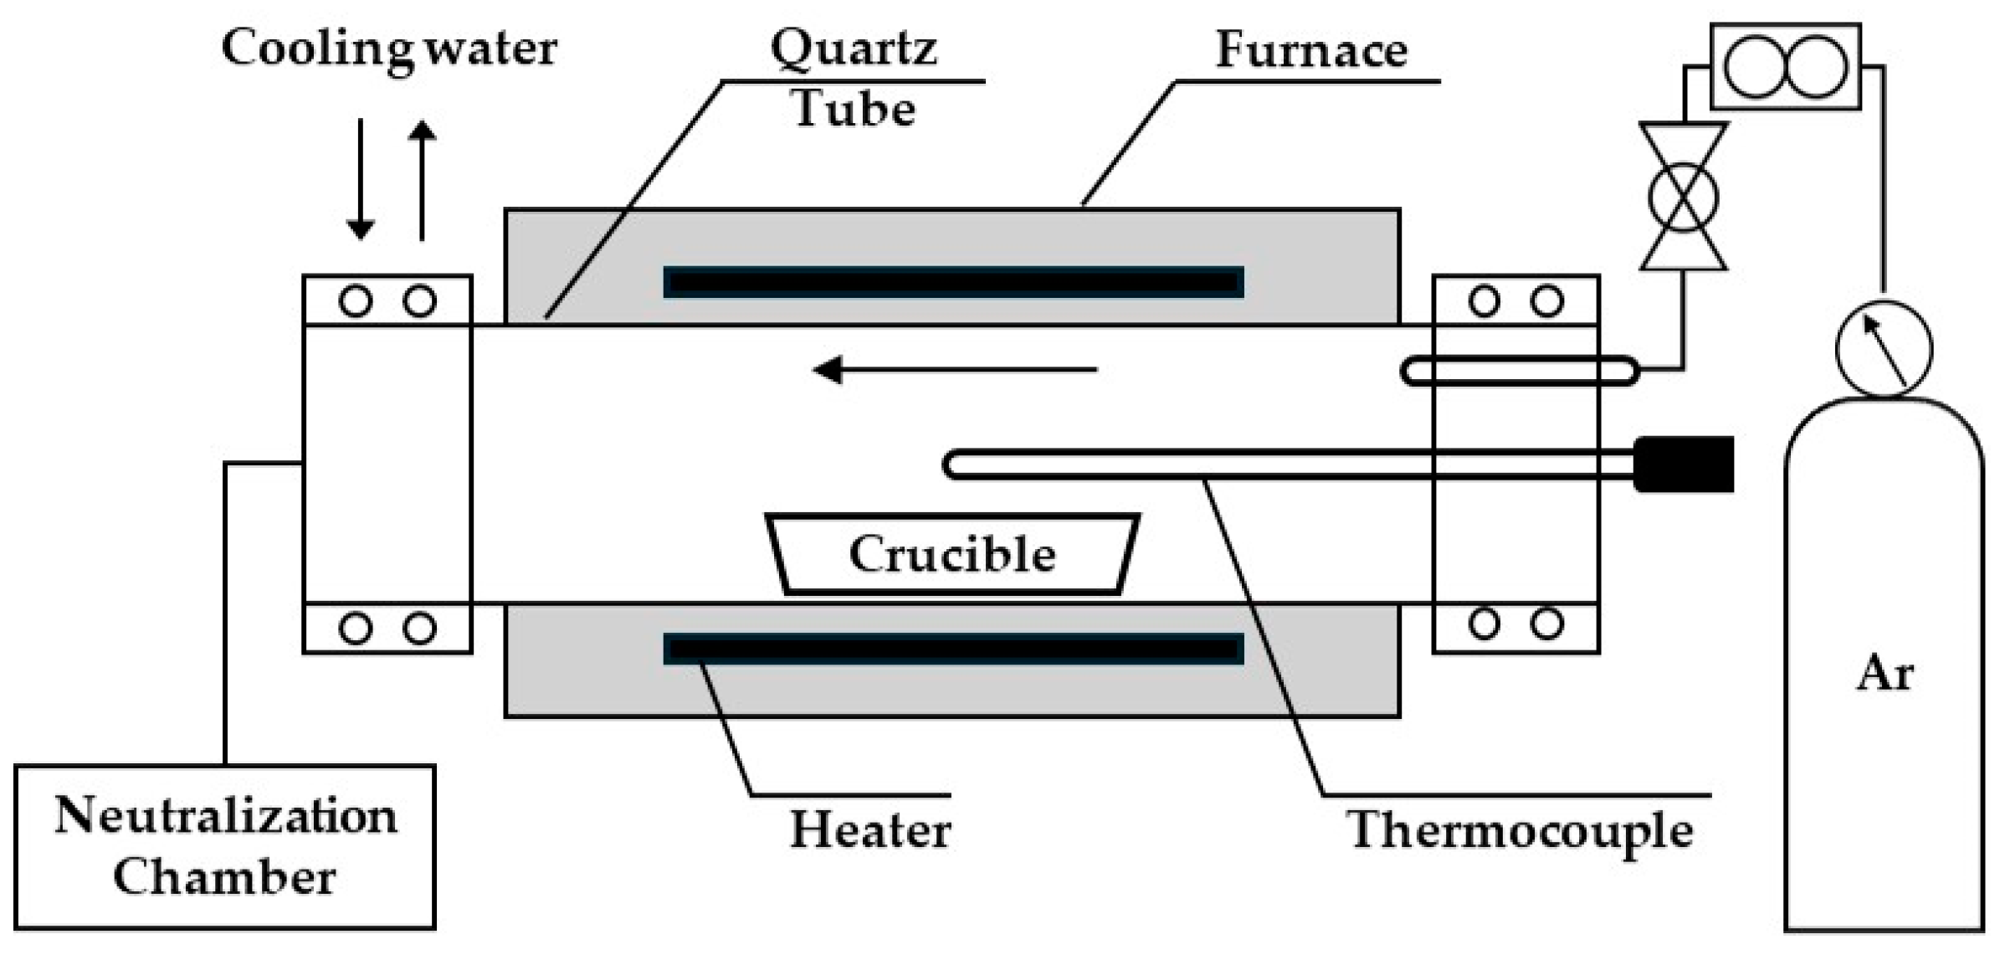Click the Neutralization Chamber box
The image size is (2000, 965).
click(224, 846)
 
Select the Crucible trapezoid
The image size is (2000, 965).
click(952, 554)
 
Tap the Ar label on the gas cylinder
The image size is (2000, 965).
click(1885, 674)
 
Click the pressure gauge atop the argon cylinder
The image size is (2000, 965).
click(1884, 348)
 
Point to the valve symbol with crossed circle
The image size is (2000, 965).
click(1683, 198)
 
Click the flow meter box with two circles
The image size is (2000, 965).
click(1785, 67)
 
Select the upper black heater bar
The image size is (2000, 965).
click(953, 282)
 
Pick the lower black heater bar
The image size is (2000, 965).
click(953, 649)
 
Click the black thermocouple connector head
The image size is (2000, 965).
click(1684, 464)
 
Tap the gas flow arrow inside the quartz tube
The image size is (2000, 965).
click(954, 369)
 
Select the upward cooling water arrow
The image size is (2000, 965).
click(422, 180)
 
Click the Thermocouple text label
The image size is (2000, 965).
click(1520, 831)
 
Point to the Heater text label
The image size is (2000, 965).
click(870, 831)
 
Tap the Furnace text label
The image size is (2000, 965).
click(1311, 50)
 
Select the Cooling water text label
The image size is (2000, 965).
click(389, 49)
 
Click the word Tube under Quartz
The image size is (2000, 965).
click(854, 109)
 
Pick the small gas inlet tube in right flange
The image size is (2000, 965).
click(1519, 371)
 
